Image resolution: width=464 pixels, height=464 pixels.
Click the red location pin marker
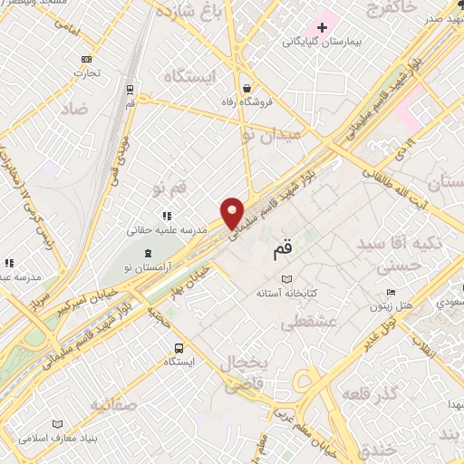pyautogui.click(x=233, y=213)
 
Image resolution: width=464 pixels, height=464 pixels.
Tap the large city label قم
pyautogui.click(x=283, y=249)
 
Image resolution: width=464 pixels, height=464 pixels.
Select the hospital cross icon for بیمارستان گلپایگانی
pyautogui.click(x=321, y=26)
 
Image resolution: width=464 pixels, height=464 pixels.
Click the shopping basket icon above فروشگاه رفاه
pyautogui.click(x=248, y=88)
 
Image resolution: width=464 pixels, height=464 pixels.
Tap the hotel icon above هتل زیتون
pyautogui.click(x=391, y=292)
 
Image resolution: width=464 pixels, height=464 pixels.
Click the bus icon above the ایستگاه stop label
pyautogui.click(x=178, y=347)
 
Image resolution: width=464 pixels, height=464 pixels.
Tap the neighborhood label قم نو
pyautogui.click(x=171, y=189)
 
